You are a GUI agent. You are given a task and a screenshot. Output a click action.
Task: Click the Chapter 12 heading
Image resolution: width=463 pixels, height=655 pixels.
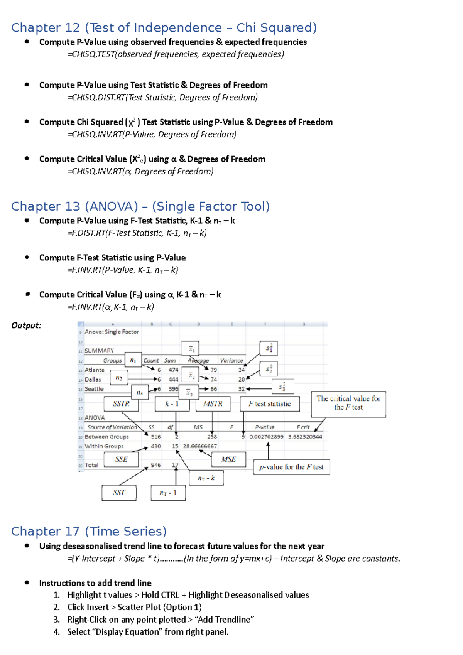pyautogui.click(x=164, y=28)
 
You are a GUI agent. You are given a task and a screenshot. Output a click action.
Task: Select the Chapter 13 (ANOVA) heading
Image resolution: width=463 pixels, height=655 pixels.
pyautogui.click(x=140, y=206)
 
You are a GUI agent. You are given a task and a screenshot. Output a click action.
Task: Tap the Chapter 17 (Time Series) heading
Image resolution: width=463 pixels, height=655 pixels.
pyautogui.click(x=89, y=531)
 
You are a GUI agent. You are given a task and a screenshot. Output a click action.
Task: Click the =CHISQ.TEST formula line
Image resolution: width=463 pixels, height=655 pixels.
pyautogui.click(x=176, y=54)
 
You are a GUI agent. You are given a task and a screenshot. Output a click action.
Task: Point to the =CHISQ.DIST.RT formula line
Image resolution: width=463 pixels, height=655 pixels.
pyautogui.click(x=162, y=98)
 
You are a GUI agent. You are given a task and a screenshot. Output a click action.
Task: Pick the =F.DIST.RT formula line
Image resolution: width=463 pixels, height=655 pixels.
pyautogui.click(x=137, y=233)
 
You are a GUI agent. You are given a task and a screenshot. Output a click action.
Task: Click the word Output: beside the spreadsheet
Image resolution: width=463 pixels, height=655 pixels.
pyautogui.click(x=26, y=326)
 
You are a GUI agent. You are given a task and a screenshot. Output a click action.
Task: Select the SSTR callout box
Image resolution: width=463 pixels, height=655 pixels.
pyautogui.click(x=121, y=404)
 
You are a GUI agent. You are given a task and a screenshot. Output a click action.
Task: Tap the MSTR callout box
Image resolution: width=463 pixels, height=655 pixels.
pyautogui.click(x=213, y=404)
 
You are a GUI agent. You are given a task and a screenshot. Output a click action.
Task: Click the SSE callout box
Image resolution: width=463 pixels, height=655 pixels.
pyautogui.click(x=121, y=459)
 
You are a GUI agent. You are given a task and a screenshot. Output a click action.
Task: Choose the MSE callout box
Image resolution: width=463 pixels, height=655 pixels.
pyautogui.click(x=228, y=459)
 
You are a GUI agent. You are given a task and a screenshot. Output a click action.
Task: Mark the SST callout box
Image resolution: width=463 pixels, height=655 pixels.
pyautogui.click(x=119, y=493)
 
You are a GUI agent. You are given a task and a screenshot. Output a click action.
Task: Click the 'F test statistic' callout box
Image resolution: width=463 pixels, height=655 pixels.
pyautogui.click(x=270, y=404)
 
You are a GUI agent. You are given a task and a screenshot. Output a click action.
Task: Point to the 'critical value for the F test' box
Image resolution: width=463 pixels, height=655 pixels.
pyautogui.click(x=348, y=404)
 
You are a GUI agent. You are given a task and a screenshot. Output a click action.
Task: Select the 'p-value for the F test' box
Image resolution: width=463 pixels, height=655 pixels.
pyautogui.click(x=291, y=467)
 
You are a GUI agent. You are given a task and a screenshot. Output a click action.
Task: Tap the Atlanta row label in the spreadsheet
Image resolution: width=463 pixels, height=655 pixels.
pyautogui.click(x=95, y=370)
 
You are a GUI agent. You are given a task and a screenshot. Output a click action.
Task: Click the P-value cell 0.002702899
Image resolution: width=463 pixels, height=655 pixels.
pyautogui.click(x=266, y=437)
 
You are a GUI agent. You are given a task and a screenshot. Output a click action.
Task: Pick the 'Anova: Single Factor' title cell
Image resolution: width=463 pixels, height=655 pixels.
pyautogui.click(x=112, y=332)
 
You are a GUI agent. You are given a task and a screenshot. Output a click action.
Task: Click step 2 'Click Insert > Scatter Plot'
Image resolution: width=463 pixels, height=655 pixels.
pyautogui.click(x=134, y=607)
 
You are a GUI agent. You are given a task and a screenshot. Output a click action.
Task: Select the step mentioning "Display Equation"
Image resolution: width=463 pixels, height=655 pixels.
pyautogui.click(x=148, y=632)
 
